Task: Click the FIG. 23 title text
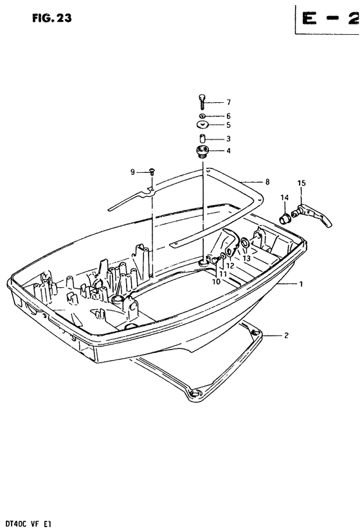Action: pyautogui.click(x=52, y=18)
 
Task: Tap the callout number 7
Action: pyautogui.click(x=228, y=102)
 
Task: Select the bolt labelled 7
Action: pyautogui.click(x=202, y=102)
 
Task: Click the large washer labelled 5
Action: pyautogui.click(x=202, y=125)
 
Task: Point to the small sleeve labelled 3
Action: pyautogui.click(x=202, y=139)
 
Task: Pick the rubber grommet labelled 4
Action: pyautogui.click(x=202, y=151)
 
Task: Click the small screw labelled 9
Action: pyautogui.click(x=152, y=172)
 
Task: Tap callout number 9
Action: pyautogui.click(x=132, y=172)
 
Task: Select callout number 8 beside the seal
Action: pyautogui.click(x=267, y=182)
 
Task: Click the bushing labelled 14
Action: pyautogui.click(x=285, y=219)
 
